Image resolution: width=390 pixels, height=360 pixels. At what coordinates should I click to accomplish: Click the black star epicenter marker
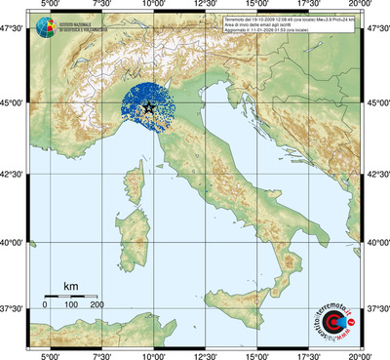148,108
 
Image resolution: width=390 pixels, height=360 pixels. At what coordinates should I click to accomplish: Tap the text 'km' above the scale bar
70,286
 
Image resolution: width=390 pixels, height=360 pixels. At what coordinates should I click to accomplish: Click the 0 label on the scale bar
45,305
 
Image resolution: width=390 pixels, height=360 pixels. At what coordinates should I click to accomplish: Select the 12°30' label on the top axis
204,7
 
